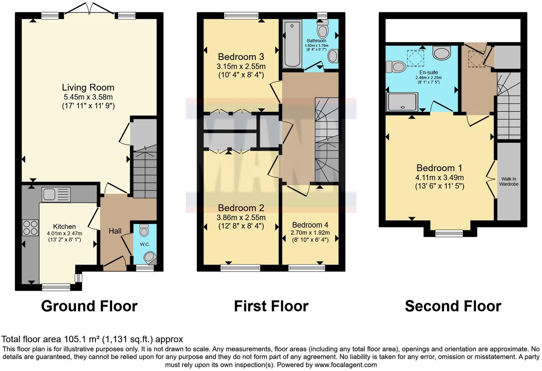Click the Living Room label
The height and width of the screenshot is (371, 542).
[x=88, y=88]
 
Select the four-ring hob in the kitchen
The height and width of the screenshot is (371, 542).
[x=30, y=228]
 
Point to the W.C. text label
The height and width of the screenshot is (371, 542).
[x=145, y=244]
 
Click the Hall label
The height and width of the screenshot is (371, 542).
[x=115, y=231]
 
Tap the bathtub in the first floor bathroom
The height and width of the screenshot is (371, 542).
[x=292, y=44]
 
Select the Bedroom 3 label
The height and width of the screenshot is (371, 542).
[x=241, y=57]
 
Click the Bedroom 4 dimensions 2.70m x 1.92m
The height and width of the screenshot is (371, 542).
[x=310, y=233]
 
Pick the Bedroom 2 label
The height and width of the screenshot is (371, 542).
[x=241, y=208]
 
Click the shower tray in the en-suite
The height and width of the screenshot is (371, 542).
[x=402, y=102]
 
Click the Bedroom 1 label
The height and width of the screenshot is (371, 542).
[x=439, y=168]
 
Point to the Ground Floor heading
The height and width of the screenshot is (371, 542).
[x=89, y=306]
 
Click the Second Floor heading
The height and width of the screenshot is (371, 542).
[x=453, y=306]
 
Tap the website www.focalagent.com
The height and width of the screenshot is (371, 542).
[x=346, y=365]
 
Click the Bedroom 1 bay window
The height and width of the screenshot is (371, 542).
[x=449, y=233]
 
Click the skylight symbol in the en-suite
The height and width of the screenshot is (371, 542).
[x=415, y=58]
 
